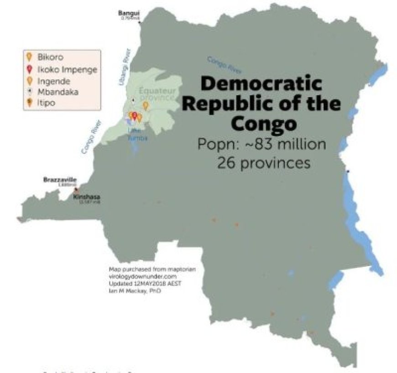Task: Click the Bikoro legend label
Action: point(50,57)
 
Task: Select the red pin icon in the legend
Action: point(29,69)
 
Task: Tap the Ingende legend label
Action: point(53,81)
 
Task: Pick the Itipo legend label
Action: point(46,103)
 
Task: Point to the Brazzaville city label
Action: point(60,179)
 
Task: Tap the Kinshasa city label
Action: point(87,197)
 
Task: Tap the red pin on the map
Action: point(134,116)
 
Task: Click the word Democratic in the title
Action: point(261,84)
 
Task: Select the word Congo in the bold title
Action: point(263,123)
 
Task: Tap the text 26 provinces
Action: point(263,163)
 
